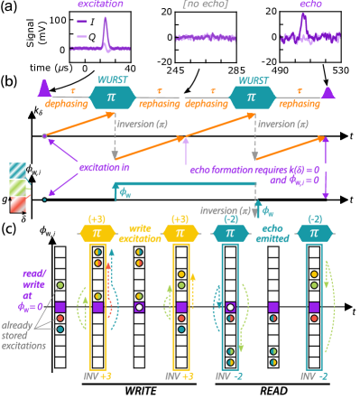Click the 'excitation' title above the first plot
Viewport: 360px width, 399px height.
point(100,5)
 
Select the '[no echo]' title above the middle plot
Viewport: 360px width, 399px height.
point(205,5)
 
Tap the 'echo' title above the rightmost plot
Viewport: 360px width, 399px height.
point(309,5)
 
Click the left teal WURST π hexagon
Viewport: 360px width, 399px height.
point(113,96)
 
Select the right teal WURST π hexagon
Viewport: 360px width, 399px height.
point(252,96)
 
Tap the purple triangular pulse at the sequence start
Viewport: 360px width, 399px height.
point(43,88)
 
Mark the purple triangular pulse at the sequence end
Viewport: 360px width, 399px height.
point(328,90)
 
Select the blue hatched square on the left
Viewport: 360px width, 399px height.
point(18,171)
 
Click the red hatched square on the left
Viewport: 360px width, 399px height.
point(18,204)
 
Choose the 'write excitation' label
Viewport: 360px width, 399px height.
point(140,232)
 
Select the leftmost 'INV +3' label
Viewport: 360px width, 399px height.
point(98,376)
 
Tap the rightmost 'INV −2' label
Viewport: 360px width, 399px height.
point(314,376)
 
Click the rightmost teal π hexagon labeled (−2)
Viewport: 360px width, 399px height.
point(314,233)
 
